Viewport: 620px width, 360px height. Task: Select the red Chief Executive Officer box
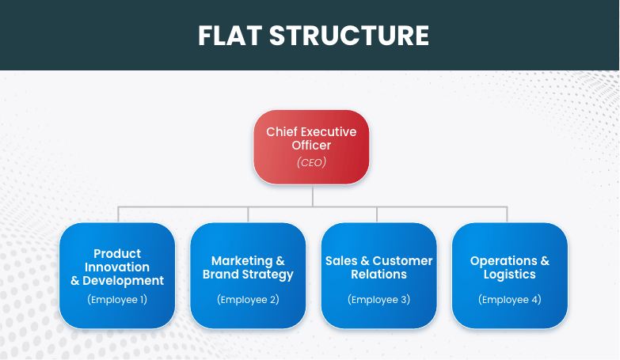coord(311,146)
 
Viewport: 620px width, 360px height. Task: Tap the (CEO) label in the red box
coord(311,162)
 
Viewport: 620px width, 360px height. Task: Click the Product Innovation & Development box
coord(117,275)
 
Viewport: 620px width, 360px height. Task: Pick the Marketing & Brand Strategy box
coord(248,275)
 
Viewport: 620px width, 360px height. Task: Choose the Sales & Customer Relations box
coord(378,275)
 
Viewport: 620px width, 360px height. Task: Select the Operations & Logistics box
coord(509,275)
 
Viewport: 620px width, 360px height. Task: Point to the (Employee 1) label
coord(117,300)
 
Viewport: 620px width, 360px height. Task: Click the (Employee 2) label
coord(248,300)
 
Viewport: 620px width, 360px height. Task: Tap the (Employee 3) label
coord(378,300)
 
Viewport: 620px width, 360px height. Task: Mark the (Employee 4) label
coord(509,300)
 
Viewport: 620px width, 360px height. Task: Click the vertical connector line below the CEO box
coord(312,195)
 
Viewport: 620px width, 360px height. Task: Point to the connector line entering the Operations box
coord(507,214)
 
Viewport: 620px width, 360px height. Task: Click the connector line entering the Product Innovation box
coord(118,214)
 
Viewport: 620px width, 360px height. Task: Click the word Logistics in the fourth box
coord(509,275)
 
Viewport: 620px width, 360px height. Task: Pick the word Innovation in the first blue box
coord(117,267)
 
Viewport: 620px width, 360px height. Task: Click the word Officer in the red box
coord(311,146)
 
